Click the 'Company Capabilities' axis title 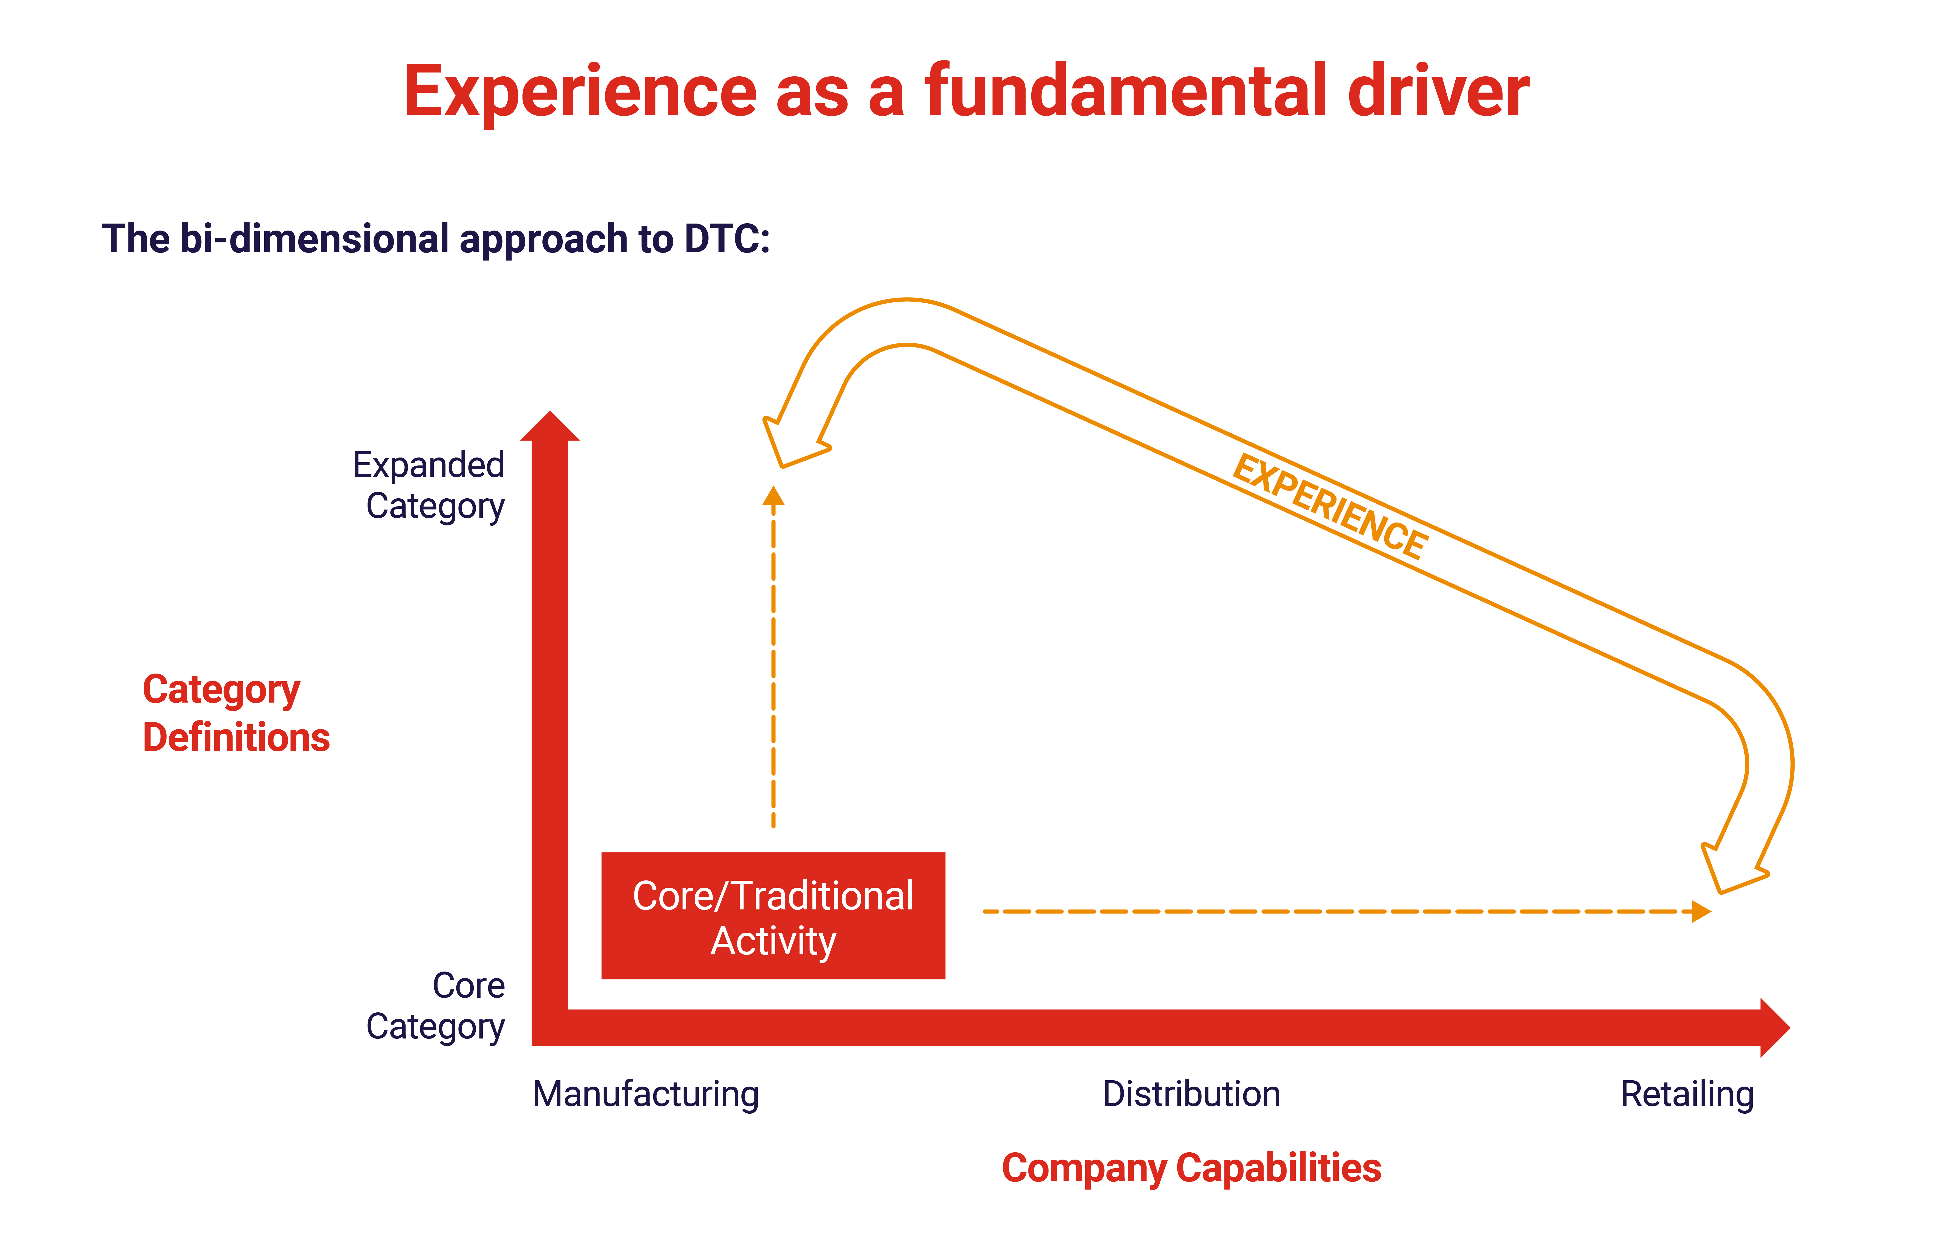pyautogui.click(x=1190, y=1168)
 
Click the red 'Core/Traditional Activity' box pyautogui.click(x=773, y=916)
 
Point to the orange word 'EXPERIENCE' pyautogui.click(x=1330, y=507)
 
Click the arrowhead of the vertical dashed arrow pyautogui.click(x=774, y=495)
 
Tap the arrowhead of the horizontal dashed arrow pyautogui.click(x=1701, y=912)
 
